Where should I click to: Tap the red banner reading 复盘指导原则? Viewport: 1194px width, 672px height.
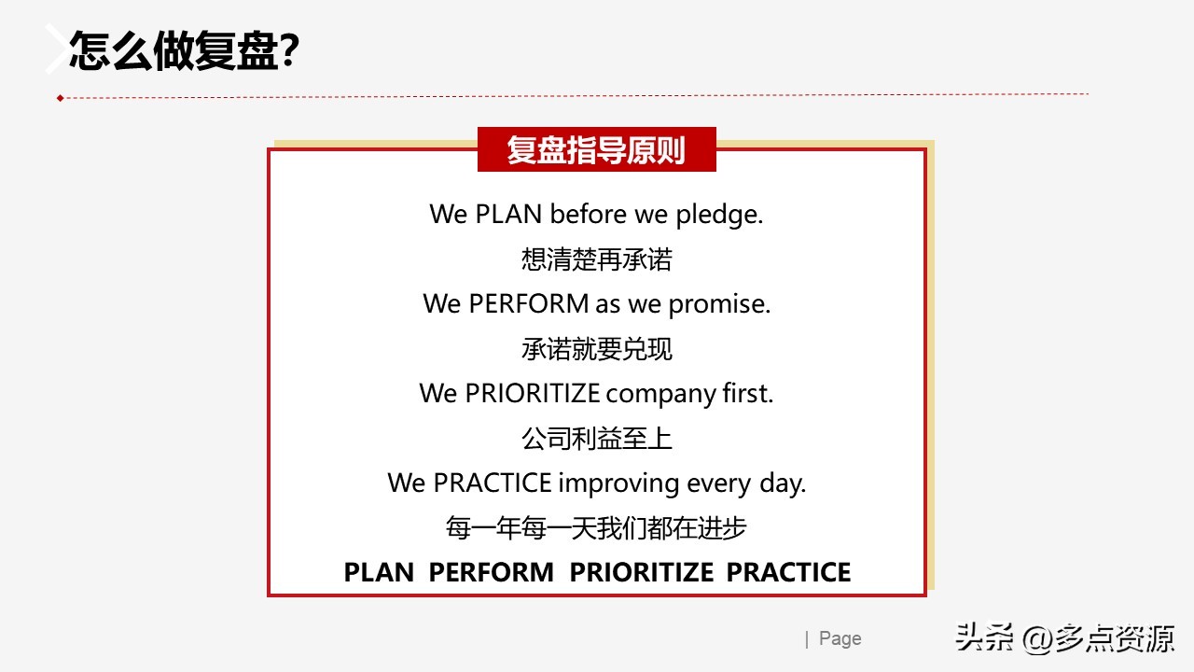click(596, 150)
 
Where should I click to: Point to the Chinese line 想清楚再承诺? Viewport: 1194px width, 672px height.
click(596, 259)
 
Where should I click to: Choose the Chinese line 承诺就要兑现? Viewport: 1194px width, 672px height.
click(596, 349)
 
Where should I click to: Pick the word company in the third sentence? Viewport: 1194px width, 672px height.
click(660, 394)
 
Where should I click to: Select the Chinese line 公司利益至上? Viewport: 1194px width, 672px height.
click(596, 438)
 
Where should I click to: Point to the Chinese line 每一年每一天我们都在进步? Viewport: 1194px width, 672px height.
click(596, 528)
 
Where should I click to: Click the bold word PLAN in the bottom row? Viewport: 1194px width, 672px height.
click(379, 572)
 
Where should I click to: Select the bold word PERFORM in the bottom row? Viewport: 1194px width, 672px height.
click(491, 572)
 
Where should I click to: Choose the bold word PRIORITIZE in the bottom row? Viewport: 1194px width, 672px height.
click(642, 572)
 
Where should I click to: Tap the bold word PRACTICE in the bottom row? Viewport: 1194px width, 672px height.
click(788, 572)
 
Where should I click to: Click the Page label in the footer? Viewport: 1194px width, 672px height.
click(840, 638)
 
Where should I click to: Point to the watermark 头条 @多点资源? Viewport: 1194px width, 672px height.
click(1063, 639)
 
